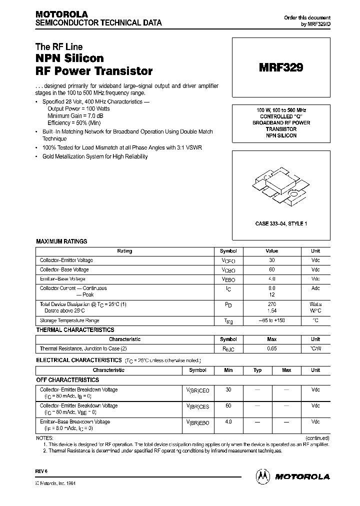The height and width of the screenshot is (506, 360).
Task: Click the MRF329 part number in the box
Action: pos(280,68)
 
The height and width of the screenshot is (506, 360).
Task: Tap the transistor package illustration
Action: pos(280,188)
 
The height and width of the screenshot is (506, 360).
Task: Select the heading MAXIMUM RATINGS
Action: pos(61,241)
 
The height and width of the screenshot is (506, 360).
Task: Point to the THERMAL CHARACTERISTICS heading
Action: pos(75,330)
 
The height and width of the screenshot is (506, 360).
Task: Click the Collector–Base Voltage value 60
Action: pos(271,269)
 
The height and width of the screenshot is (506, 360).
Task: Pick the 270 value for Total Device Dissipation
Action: pos(271,304)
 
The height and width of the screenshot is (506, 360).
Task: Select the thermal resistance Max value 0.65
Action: pos(271,348)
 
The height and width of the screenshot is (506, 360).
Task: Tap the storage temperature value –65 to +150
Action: pos(271,320)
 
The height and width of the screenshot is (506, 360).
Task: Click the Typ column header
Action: pos(257,370)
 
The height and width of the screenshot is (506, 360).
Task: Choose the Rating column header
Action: pos(124,251)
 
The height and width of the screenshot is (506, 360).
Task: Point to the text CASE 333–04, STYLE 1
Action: pos(280,223)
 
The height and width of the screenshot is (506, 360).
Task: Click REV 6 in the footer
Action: pos(40,471)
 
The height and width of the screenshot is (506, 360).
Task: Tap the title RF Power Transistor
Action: pos(94,71)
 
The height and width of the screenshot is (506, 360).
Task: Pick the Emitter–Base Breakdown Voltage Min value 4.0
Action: pos(228,422)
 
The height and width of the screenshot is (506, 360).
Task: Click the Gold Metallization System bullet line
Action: pos(95,156)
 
